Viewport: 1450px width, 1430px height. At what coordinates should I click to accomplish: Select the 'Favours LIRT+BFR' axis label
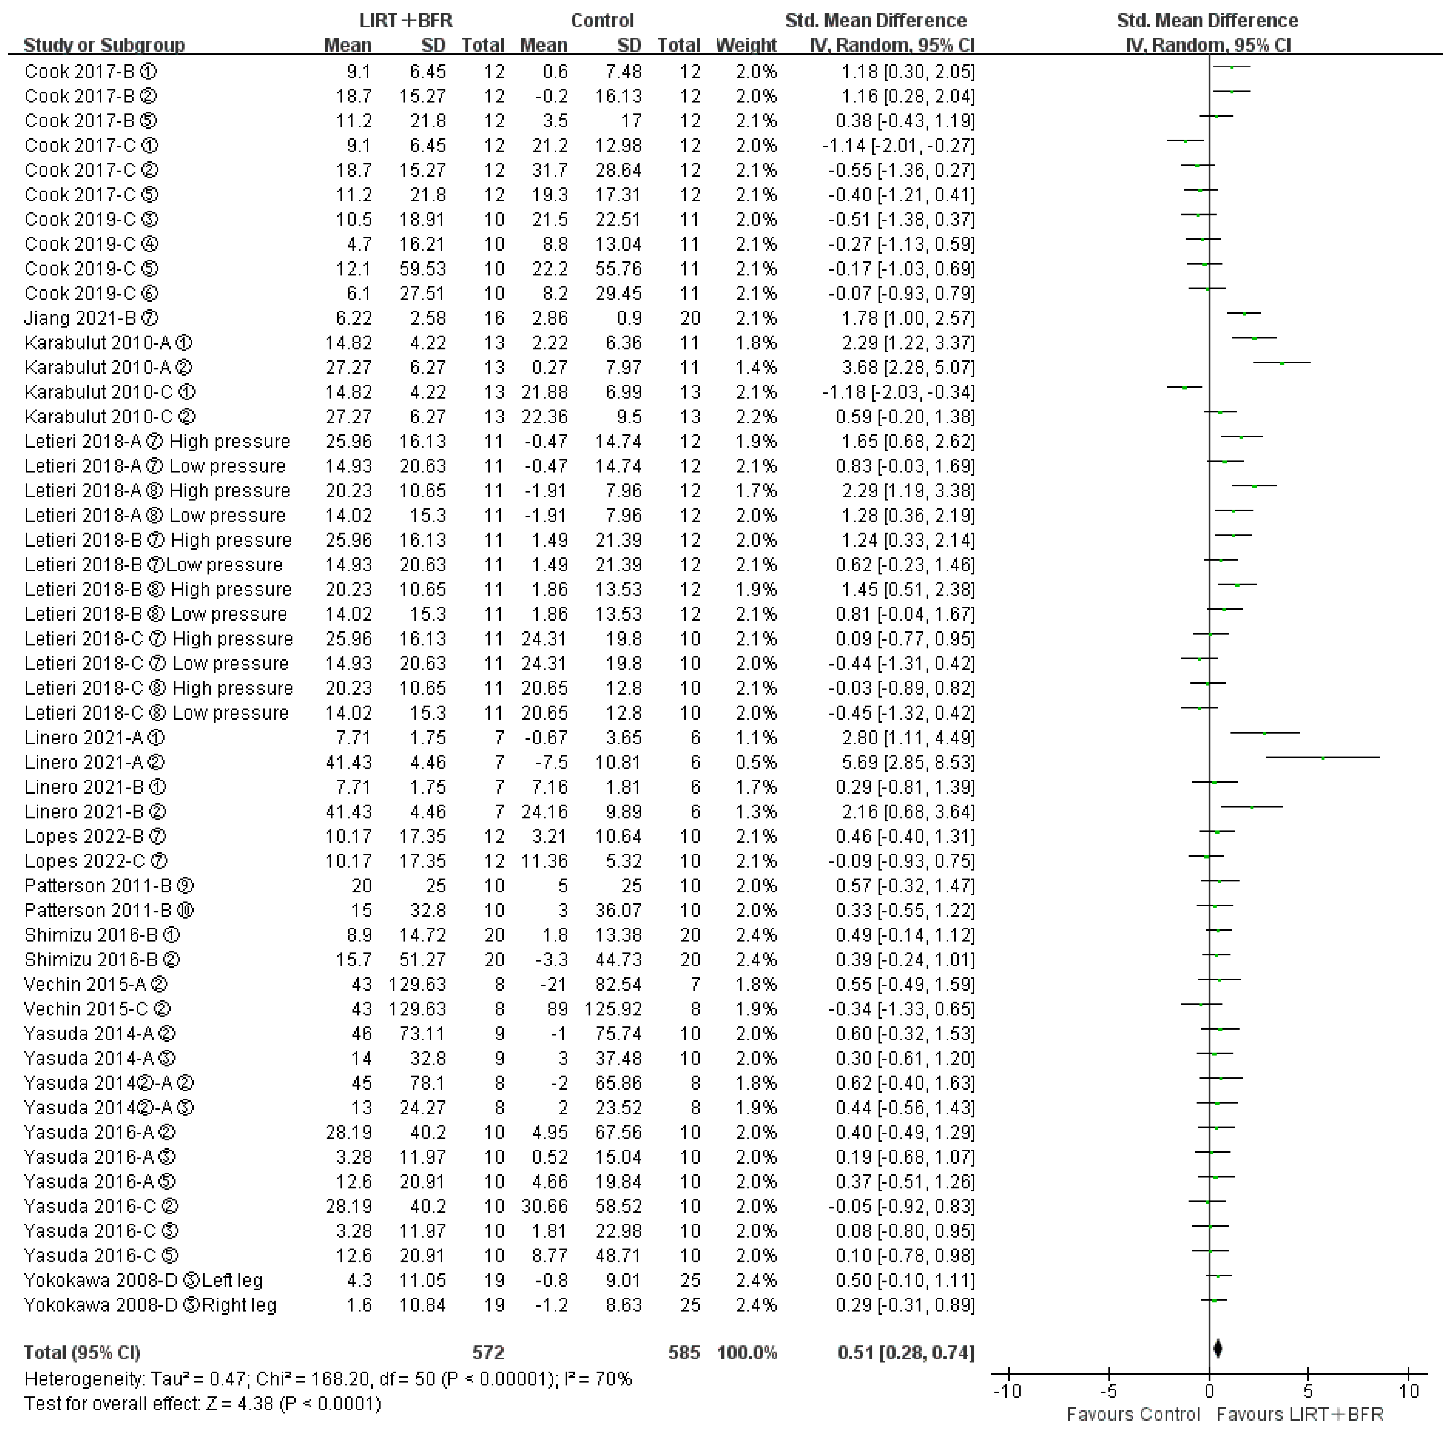[x=1300, y=1414]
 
